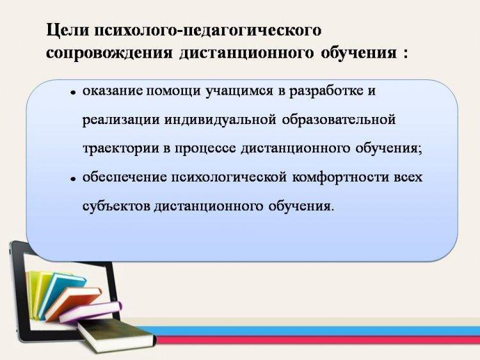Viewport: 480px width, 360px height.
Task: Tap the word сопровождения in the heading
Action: pyautogui.click(x=109, y=54)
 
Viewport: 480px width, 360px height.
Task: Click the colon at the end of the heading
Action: pyautogui.click(x=406, y=54)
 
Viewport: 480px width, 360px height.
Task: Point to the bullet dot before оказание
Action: pyautogui.click(x=73, y=92)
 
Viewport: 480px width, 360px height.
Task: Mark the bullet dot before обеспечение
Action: pyautogui.click(x=73, y=179)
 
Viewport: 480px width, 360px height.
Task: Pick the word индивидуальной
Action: pyautogui.click(x=220, y=120)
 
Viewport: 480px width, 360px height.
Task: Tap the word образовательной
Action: pyautogui.click(x=339, y=120)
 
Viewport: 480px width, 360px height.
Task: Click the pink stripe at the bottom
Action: pyautogui.click(x=318, y=340)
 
